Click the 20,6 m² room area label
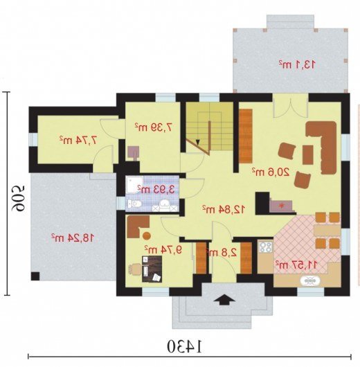[271, 172]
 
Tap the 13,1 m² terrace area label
[297, 64]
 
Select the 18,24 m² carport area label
[73, 238]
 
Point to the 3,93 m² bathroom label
[156, 189]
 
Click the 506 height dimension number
[19, 199]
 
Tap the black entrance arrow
[224, 299]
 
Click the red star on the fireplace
[280, 205]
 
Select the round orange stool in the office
[147, 235]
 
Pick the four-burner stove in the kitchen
[266, 247]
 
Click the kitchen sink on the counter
[310, 280]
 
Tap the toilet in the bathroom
[135, 204]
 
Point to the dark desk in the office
[152, 269]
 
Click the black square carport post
[35, 276]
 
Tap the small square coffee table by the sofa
[307, 154]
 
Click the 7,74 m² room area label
[78, 140]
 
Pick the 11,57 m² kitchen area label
[296, 265]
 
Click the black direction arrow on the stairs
[198, 142]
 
